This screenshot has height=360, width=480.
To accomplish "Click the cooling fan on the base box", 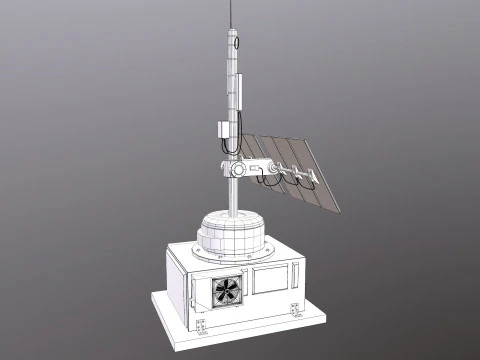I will coord(226,291).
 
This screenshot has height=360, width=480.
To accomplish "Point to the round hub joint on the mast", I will coord(237,169).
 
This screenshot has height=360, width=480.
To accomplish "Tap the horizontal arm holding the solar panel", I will coord(264,168).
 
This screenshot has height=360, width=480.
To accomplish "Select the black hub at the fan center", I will coord(226,291).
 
